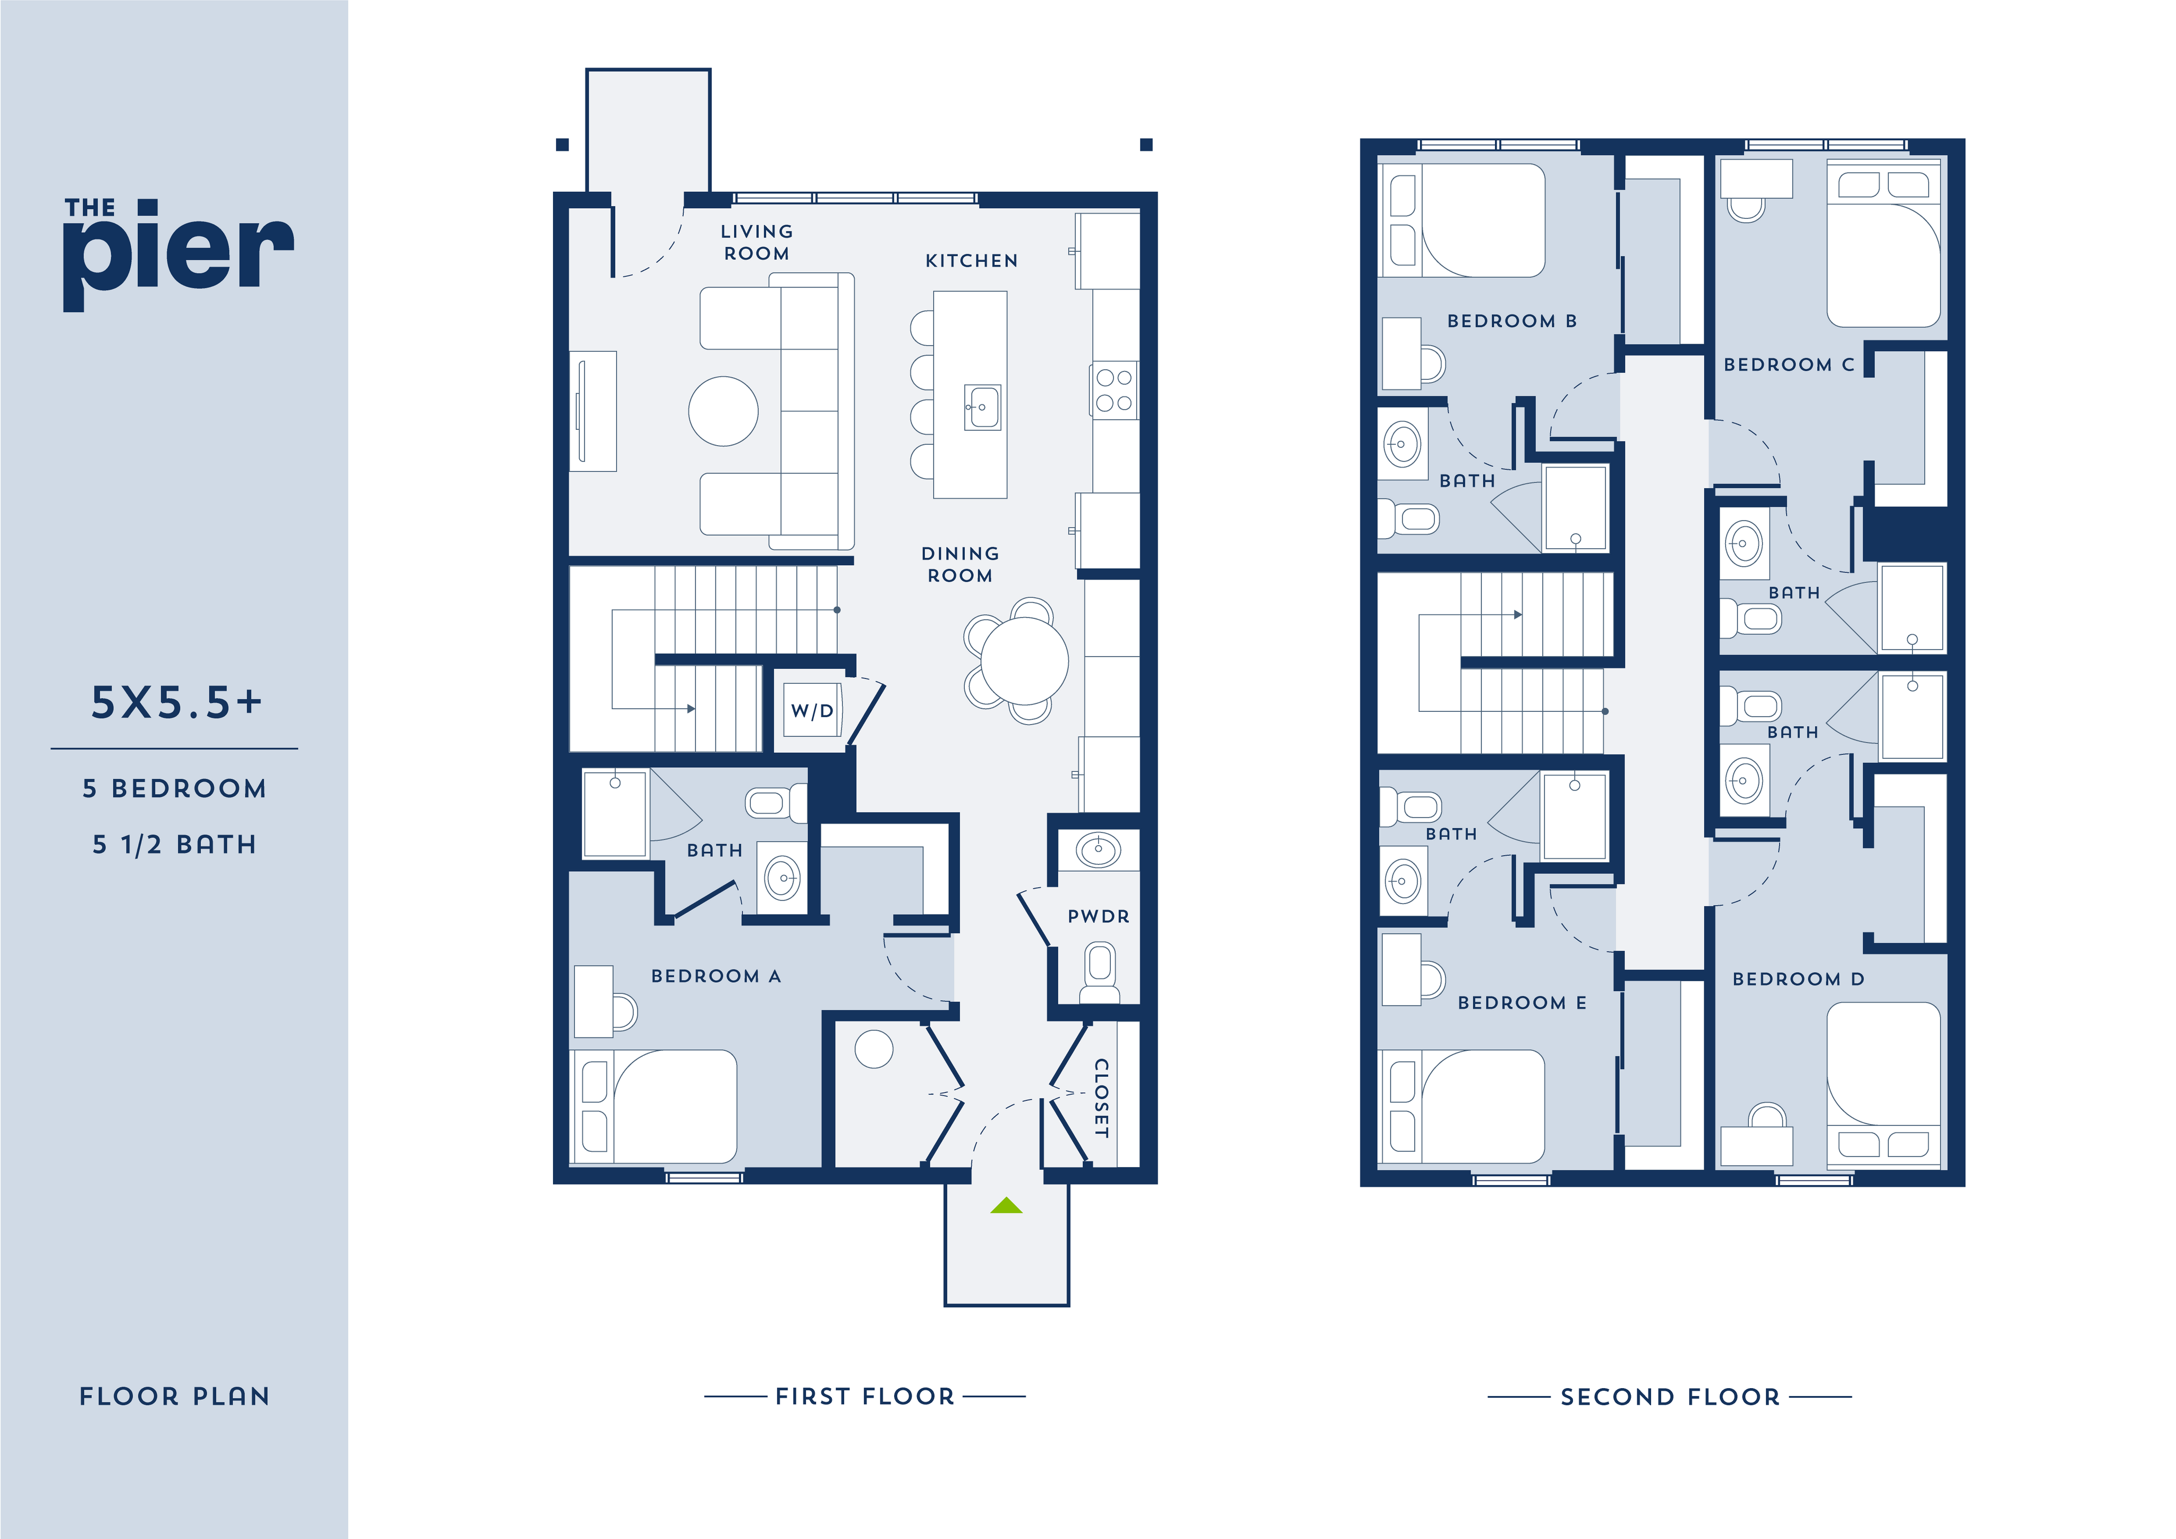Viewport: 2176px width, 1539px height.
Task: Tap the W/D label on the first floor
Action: click(812, 711)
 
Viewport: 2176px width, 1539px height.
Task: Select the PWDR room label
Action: click(1099, 916)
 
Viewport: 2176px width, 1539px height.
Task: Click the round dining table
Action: click(1024, 660)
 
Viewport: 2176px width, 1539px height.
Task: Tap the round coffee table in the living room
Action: click(723, 411)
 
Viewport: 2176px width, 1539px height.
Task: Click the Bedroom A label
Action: click(716, 976)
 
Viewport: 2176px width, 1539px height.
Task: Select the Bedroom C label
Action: click(1788, 365)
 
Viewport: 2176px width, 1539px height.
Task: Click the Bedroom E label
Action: click(1521, 1002)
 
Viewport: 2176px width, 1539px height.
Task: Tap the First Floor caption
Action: click(864, 1396)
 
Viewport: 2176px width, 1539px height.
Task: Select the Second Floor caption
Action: click(1670, 1397)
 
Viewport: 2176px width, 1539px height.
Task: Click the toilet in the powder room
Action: click(1099, 971)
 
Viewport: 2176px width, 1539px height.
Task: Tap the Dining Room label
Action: click(960, 564)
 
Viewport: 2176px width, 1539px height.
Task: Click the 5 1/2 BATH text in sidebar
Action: click(174, 844)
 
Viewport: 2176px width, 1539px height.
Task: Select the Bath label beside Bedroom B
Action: click(1466, 481)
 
